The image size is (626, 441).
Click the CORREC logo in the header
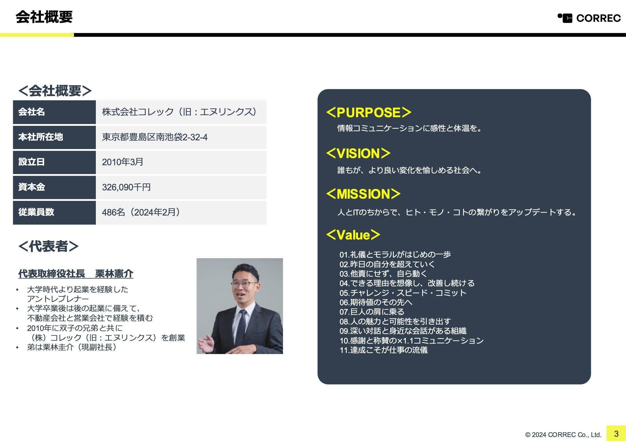[x=589, y=18]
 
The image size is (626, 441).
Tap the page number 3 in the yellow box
[x=616, y=434]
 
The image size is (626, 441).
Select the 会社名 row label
[x=31, y=112]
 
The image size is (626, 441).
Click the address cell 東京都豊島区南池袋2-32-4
[x=155, y=137]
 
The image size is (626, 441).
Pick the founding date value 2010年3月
[x=123, y=162]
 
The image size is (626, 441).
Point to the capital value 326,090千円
[x=126, y=187]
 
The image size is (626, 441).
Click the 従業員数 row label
[x=36, y=212]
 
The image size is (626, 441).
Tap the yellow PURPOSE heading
[x=369, y=112]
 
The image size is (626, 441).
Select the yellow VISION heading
[x=358, y=153]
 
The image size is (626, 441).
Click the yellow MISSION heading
[x=363, y=194]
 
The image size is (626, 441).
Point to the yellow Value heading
[x=353, y=235]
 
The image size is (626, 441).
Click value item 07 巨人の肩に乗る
[x=372, y=312]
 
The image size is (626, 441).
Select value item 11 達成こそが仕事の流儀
[x=383, y=350]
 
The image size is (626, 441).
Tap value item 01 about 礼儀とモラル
[x=395, y=254]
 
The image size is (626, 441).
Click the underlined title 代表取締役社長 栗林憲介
[x=76, y=274]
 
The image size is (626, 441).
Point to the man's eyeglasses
[x=244, y=284]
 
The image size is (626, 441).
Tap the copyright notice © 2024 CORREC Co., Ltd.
[x=563, y=435]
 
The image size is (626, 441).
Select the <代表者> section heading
[x=48, y=246]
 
